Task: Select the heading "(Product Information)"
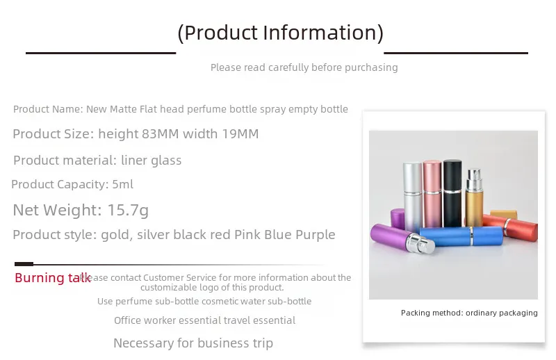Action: tap(280, 32)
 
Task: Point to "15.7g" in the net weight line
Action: tap(126, 210)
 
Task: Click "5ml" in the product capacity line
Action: tap(122, 184)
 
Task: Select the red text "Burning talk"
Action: tap(53, 278)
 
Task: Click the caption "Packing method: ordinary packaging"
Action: tap(469, 313)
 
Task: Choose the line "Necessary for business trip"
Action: tap(193, 343)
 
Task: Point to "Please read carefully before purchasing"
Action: tap(304, 67)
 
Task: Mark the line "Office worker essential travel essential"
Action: tap(205, 320)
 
